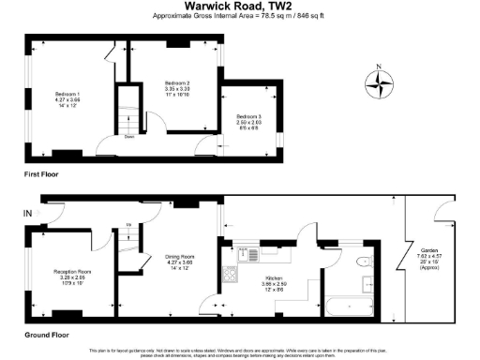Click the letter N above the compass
pyautogui.click(x=378, y=66)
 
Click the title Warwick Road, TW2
pyautogui.click(x=239, y=7)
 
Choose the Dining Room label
pyautogui.click(x=180, y=260)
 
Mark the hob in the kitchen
pyautogui.click(x=230, y=276)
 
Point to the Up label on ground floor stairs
pyautogui.click(x=128, y=226)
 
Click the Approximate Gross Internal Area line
pyautogui.click(x=239, y=17)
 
